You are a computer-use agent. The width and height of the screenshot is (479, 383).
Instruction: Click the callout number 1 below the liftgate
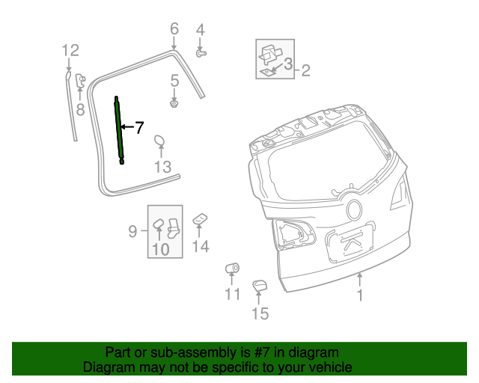(x=360, y=296)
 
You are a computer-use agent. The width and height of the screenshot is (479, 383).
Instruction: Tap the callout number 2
(x=305, y=71)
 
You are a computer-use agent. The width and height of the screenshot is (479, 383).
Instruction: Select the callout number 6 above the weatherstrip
(x=174, y=29)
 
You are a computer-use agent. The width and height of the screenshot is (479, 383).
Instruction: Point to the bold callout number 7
(x=138, y=128)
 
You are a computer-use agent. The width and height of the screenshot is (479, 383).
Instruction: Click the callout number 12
(x=70, y=51)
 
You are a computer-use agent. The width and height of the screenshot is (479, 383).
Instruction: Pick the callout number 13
(x=163, y=167)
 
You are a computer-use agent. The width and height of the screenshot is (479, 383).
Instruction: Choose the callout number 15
(x=259, y=313)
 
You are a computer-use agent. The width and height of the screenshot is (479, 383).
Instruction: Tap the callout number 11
(x=233, y=294)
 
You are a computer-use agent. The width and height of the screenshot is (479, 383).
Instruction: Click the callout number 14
(x=200, y=246)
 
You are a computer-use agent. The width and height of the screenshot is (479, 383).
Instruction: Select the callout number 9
(x=132, y=232)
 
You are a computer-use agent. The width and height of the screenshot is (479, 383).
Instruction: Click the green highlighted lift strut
(x=119, y=129)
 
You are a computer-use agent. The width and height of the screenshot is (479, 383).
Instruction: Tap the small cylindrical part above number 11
(x=232, y=268)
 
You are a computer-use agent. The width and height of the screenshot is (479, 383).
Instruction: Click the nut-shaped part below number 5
(x=174, y=103)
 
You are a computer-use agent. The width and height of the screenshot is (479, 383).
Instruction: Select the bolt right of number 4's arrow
(x=201, y=53)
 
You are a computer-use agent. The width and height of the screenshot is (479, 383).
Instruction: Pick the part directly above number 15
(x=259, y=286)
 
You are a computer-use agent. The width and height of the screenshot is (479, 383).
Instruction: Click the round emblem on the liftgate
(x=353, y=209)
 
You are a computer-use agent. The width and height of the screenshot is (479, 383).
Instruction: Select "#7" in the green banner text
(x=267, y=352)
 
